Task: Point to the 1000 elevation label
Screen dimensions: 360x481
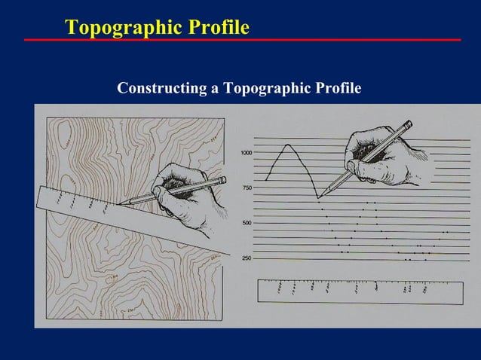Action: coord(247,153)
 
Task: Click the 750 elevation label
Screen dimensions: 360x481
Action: coord(247,188)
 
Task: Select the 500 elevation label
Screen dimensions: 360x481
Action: coord(247,223)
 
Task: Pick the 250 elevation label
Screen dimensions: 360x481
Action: coord(247,258)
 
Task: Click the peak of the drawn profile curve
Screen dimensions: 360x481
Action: coord(286,145)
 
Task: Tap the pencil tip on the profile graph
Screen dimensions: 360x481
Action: coord(319,198)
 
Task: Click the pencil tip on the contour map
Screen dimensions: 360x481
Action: coord(118,203)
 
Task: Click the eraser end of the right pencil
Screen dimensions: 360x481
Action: coord(409,124)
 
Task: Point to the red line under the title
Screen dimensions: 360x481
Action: coord(241,39)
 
